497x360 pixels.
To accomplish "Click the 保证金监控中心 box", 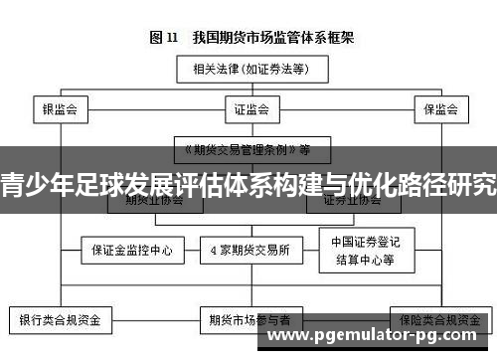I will (132, 251).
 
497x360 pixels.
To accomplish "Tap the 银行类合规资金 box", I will (61, 321).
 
